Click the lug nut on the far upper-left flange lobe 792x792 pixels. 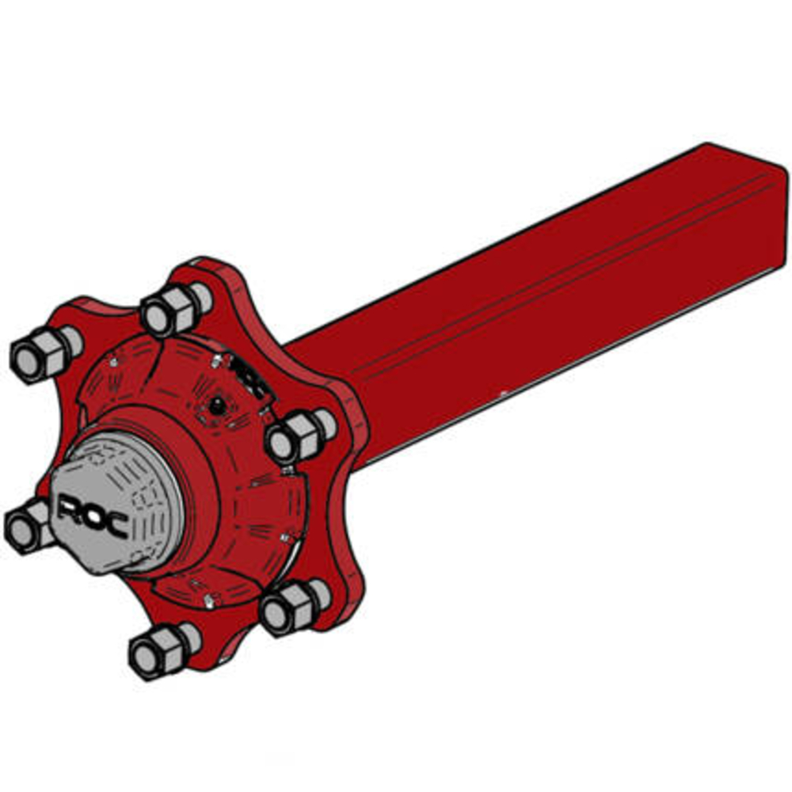coord(46,353)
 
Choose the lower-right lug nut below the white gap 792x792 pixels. coord(295,607)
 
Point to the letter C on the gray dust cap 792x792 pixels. coord(116,525)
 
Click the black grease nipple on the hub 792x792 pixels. coord(217,405)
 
